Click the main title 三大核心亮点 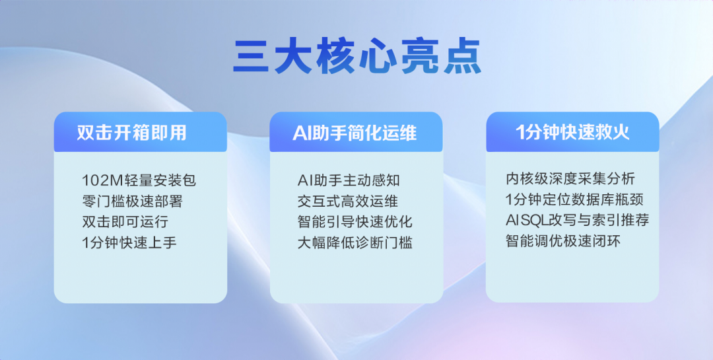click(x=357, y=56)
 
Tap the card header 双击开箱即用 click(x=131, y=132)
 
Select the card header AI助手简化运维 click(x=355, y=133)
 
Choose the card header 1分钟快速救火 click(x=572, y=132)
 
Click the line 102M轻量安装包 click(x=139, y=180)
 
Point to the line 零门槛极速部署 click(x=132, y=201)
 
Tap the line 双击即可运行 click(x=125, y=221)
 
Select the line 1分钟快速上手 click(x=129, y=242)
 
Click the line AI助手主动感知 click(x=349, y=180)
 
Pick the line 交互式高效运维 click(x=348, y=201)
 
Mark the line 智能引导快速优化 click(x=355, y=221)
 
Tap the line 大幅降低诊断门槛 click(x=355, y=242)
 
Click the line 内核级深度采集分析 click(x=570, y=178)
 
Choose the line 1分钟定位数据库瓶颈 click(x=574, y=199)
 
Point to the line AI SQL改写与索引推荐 click(x=578, y=220)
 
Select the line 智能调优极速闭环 click(x=563, y=240)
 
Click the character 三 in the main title click(x=251, y=57)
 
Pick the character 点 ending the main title click(x=463, y=56)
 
